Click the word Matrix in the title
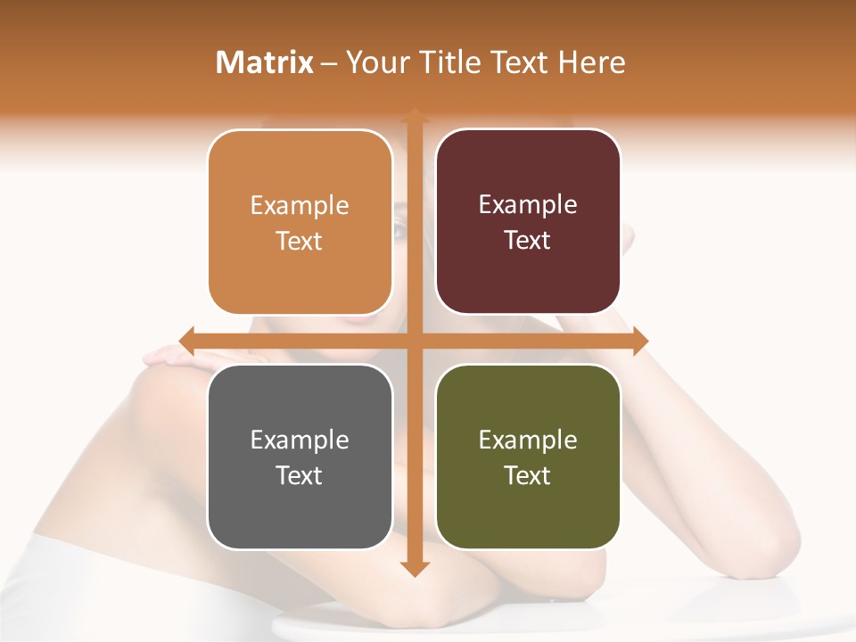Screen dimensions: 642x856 click(x=265, y=62)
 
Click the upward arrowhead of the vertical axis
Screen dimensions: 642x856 click(x=415, y=117)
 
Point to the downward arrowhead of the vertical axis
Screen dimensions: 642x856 click(x=415, y=568)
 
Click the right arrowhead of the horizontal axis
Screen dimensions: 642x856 click(x=640, y=341)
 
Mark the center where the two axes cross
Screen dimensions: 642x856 click(x=415, y=341)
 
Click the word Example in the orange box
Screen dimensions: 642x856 click(x=300, y=206)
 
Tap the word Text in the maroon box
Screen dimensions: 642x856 click(x=528, y=241)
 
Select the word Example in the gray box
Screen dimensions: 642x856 click(x=300, y=440)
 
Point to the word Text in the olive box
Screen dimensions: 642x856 click(x=528, y=475)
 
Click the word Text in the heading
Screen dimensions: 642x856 click(x=515, y=62)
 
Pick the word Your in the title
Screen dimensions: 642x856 click(x=374, y=62)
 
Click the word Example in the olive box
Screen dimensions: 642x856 click(x=528, y=440)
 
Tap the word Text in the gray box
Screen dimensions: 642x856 click(x=300, y=475)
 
